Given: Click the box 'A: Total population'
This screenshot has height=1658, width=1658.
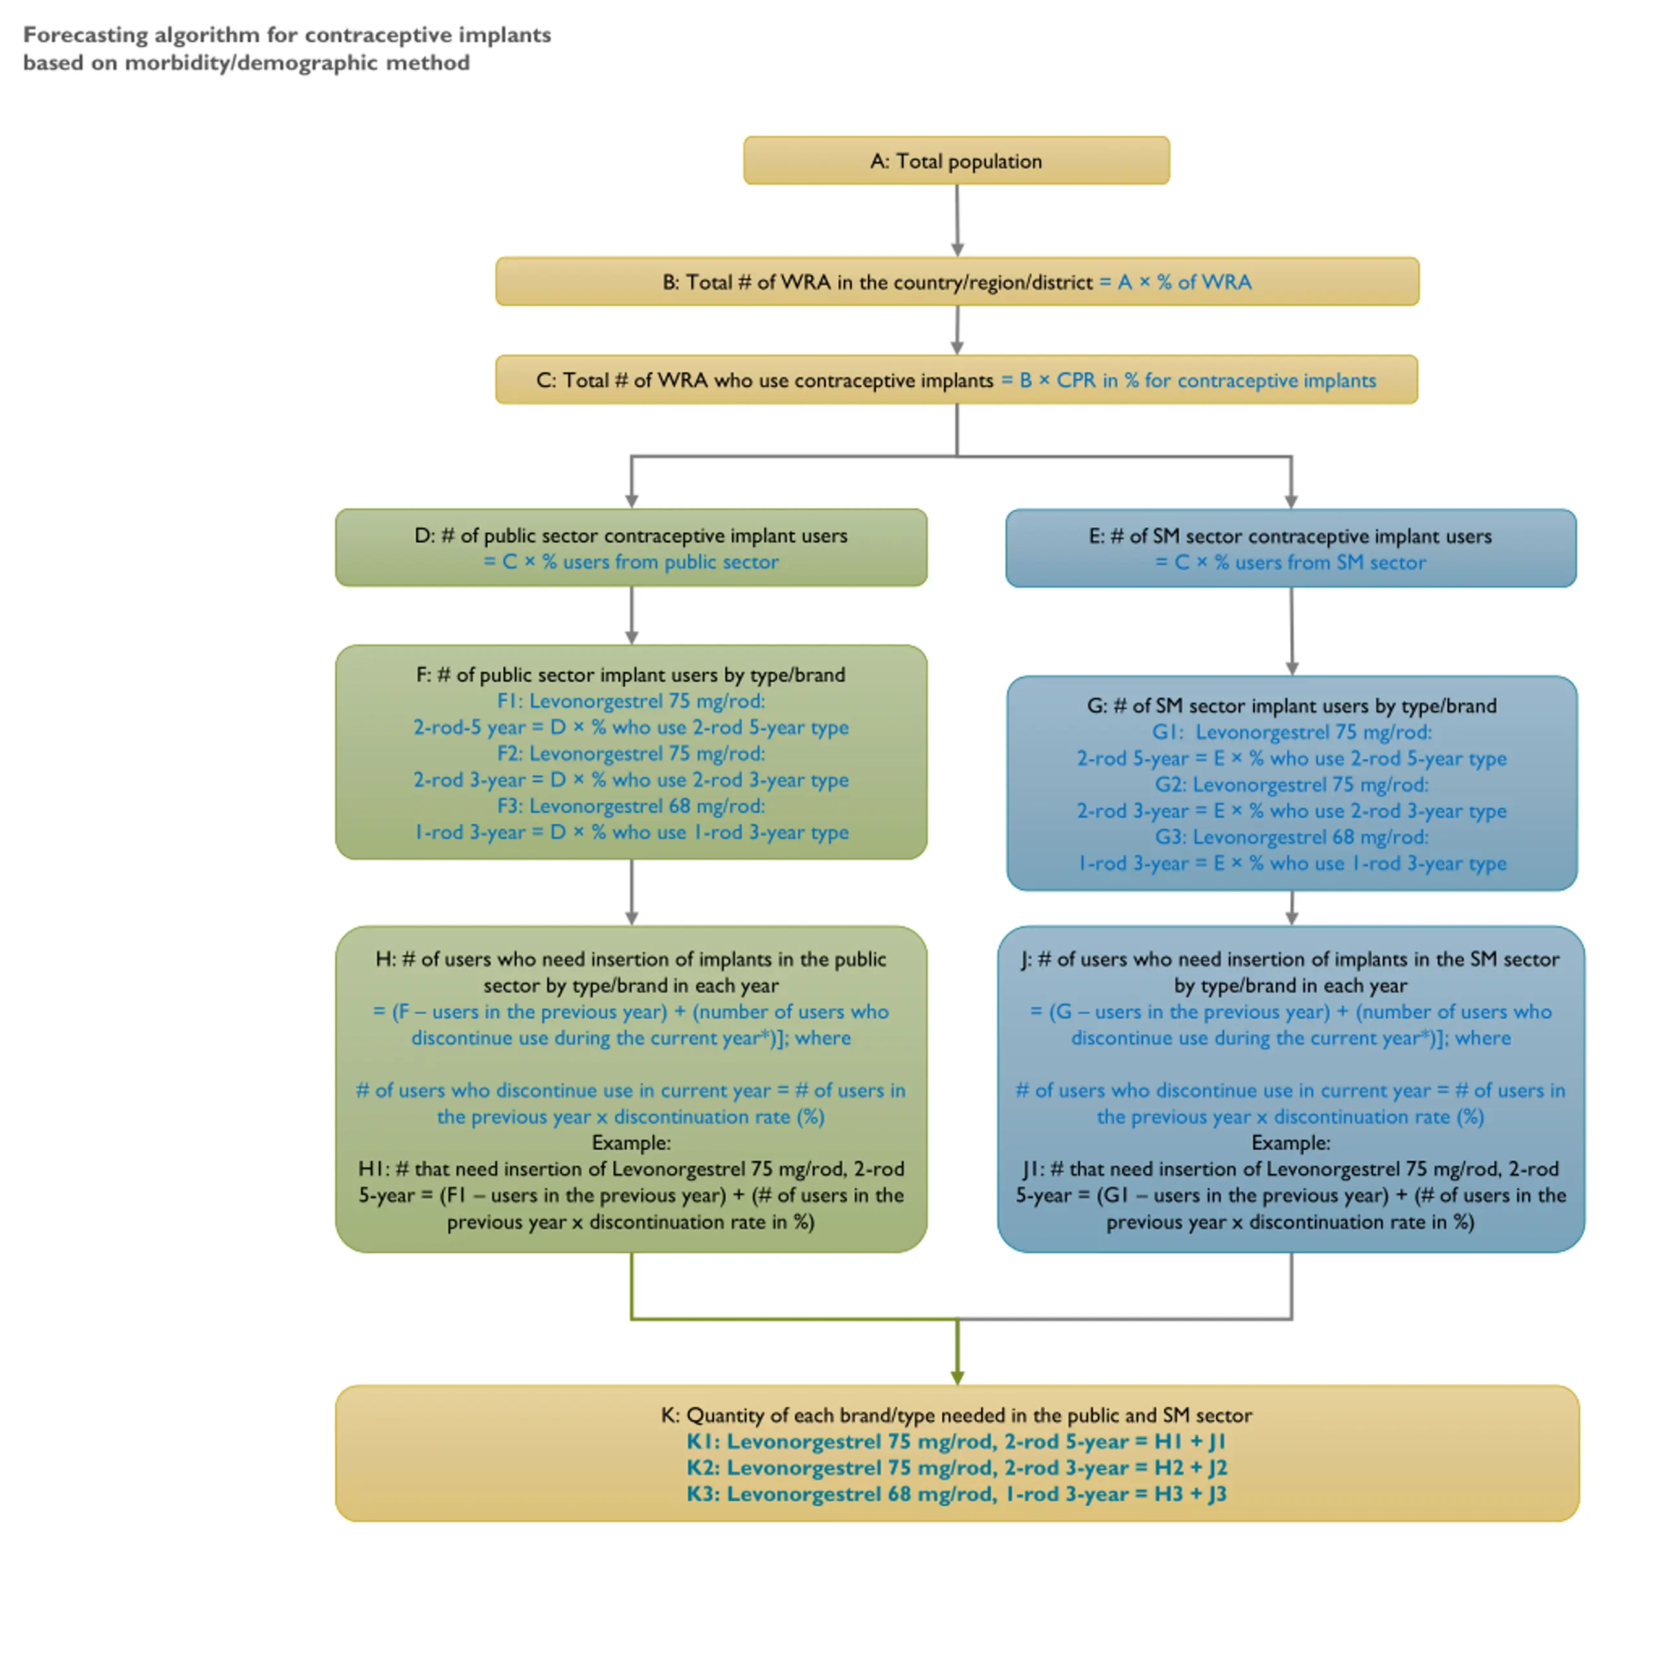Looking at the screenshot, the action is [x=956, y=161].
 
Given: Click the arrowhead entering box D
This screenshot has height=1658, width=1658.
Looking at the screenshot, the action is [x=631, y=501].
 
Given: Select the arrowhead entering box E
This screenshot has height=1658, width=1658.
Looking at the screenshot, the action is [x=1291, y=501].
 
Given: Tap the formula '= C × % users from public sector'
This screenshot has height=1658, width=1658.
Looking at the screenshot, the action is [x=631, y=562].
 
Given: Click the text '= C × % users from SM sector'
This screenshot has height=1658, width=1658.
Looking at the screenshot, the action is [x=1291, y=563].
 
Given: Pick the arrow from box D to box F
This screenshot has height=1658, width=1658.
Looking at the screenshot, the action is [x=631, y=615].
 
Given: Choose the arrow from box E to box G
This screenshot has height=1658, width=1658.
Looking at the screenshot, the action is [x=1291, y=631].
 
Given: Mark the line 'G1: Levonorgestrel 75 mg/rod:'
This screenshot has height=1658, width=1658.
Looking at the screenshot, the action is [x=1291, y=732].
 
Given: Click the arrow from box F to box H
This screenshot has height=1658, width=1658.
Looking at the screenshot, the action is [x=631, y=892].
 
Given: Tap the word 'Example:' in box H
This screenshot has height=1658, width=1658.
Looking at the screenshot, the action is [x=631, y=1143].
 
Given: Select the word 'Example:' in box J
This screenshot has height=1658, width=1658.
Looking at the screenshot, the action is [x=1291, y=1143].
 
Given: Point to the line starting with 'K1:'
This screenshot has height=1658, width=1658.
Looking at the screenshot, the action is [x=957, y=1442].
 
